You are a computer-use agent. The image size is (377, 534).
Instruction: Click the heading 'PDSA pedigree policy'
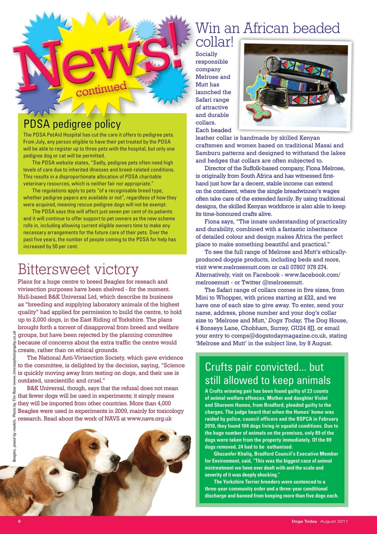coord(72,124)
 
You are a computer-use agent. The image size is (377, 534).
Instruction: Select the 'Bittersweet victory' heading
coord(78,269)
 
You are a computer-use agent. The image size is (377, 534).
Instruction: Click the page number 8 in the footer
coord(19,521)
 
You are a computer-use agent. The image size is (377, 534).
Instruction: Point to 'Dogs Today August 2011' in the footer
coord(320,521)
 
